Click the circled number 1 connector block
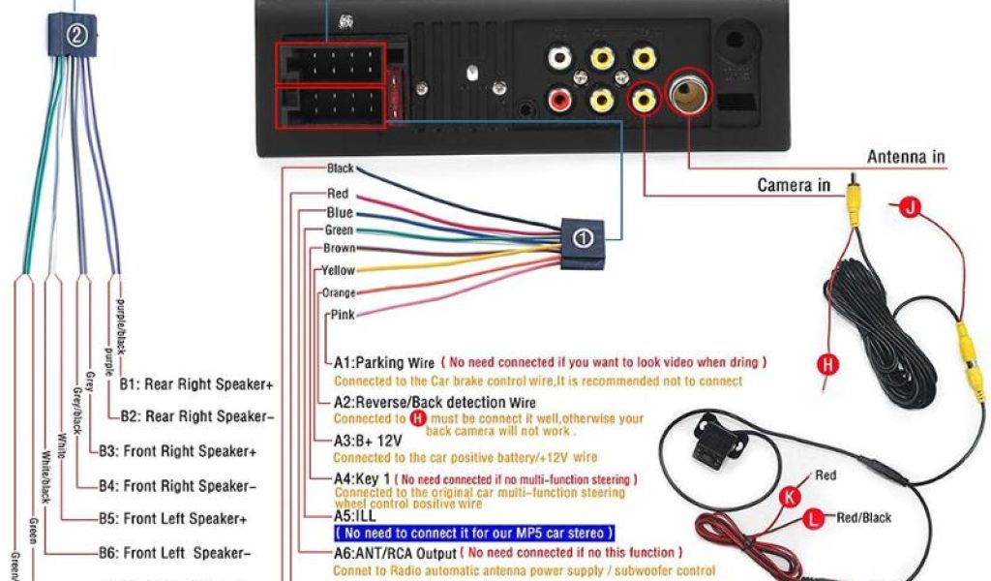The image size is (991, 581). click(x=582, y=238)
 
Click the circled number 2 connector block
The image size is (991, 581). click(x=77, y=36)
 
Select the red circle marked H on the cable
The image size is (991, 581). click(x=827, y=364)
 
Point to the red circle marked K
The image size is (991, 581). click(x=791, y=497)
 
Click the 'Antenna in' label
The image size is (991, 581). click(x=906, y=157)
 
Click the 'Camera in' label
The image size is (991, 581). click(x=794, y=185)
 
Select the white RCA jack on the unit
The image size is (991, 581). click(x=559, y=58)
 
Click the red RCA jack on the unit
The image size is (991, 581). click(x=559, y=98)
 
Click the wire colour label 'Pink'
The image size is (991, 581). click(x=343, y=315)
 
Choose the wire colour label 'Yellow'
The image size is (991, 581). click(x=339, y=271)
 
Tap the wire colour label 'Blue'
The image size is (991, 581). click(x=340, y=213)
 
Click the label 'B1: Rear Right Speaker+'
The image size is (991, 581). click(x=196, y=384)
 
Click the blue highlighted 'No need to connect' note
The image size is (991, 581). click(x=473, y=534)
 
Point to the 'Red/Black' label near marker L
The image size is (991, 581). click(x=864, y=518)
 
